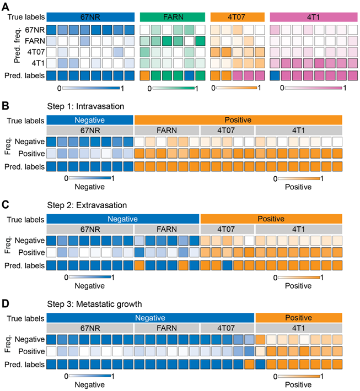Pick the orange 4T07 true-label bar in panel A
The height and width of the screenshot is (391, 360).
tap(236, 17)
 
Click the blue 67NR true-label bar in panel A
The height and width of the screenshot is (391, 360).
tap(90, 17)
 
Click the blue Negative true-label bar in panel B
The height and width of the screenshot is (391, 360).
tap(90, 120)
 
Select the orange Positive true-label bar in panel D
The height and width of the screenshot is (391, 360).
tap(299, 318)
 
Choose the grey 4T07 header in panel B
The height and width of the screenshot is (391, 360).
tap(227, 130)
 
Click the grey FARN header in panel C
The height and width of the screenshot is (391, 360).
tap(166, 228)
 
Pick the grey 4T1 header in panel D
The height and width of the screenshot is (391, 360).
tap(299, 328)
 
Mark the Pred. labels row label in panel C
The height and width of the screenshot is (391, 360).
tap(26, 265)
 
